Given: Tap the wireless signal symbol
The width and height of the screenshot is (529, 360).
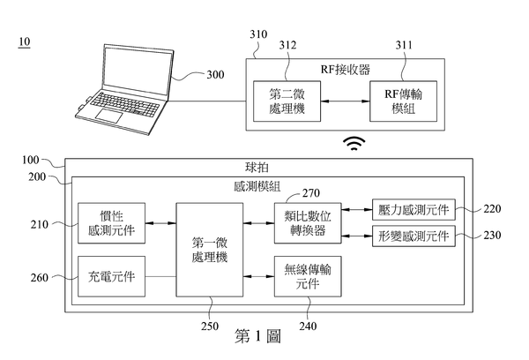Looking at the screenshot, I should (x=354, y=143).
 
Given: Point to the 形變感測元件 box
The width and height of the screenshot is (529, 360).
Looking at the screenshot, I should (x=412, y=237).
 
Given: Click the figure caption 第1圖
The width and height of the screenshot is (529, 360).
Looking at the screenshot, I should (x=257, y=336).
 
